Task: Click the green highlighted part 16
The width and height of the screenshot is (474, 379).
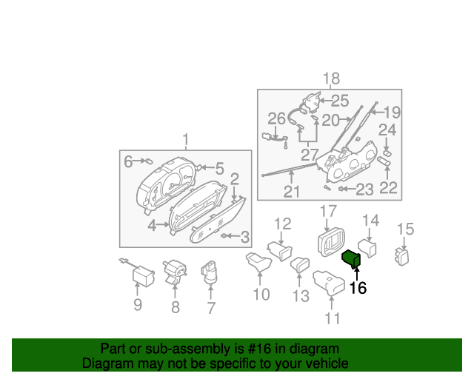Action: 350,258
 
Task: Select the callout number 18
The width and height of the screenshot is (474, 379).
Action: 330,79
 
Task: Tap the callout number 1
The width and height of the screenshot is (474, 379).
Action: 186,139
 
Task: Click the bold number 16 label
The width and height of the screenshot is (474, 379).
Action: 358,288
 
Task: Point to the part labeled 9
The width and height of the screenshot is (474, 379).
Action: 141,276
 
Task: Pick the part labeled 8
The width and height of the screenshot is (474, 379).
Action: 176,272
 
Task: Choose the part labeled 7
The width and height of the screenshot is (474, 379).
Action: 211,272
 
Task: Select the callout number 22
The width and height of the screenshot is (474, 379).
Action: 388,188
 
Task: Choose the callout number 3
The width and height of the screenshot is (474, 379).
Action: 244,237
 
